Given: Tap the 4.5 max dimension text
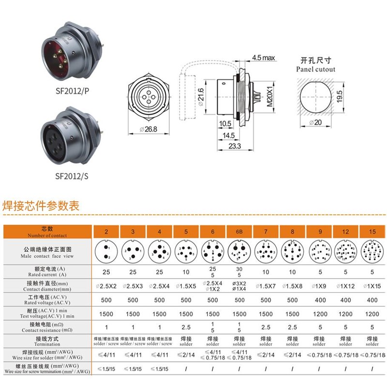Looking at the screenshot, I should click(x=263, y=58).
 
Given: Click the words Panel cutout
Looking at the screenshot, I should click(x=315, y=69).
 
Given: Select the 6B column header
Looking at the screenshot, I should click(x=239, y=232).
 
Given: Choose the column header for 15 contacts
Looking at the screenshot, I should click(x=372, y=232).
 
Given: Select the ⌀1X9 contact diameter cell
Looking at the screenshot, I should click(x=319, y=286).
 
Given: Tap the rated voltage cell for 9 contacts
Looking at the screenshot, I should click(x=319, y=300).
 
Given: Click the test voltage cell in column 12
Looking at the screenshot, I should click(x=345, y=314).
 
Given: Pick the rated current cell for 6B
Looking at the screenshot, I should click(x=239, y=271).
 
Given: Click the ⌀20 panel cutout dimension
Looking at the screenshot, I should click(x=317, y=123).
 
